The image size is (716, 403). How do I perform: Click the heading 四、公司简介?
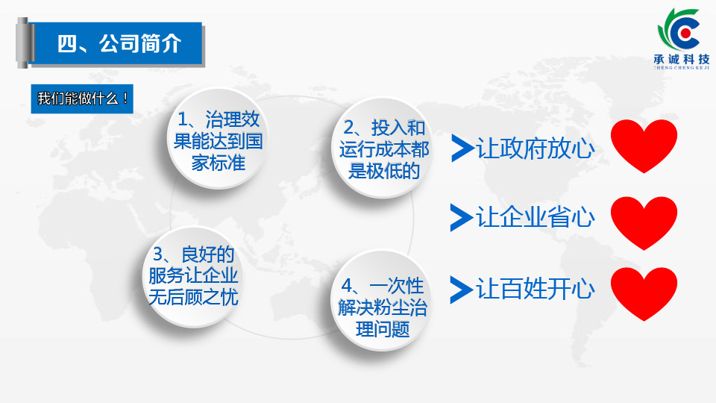click(119, 44)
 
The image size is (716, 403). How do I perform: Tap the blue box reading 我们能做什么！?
click(82, 99)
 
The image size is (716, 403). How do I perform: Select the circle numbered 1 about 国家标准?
click(218, 139)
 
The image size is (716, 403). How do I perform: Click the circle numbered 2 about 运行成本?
click(383, 147)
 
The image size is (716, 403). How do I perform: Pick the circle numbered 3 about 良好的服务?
click(193, 276)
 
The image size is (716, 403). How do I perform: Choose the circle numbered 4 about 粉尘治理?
click(382, 300)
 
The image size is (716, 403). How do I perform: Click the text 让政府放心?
click(536, 149)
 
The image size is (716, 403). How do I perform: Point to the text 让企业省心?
click(536, 217)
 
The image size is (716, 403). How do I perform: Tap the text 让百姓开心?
click(536, 289)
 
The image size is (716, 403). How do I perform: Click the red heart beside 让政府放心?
click(644, 146)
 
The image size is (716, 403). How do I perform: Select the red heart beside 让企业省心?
click(644, 222)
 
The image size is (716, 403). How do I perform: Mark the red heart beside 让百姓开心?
click(644, 293)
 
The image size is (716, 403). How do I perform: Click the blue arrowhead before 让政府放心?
click(461, 148)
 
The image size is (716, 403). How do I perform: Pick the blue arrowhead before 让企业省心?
click(460, 217)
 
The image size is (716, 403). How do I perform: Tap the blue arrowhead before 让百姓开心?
click(460, 290)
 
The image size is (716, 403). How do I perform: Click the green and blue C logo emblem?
click(679, 29)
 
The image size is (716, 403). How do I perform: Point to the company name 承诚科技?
click(681, 59)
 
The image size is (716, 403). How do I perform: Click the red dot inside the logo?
click(685, 33)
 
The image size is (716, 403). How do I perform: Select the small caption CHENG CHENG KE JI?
click(681, 68)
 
